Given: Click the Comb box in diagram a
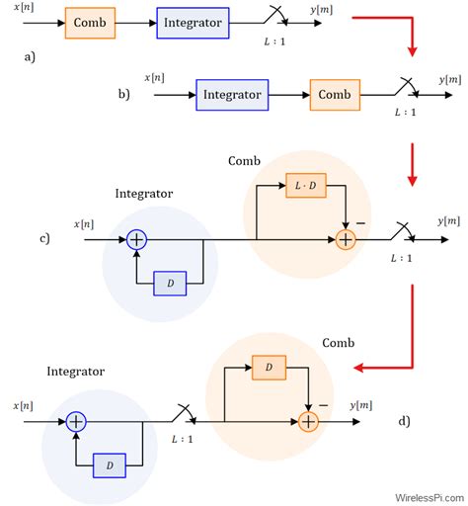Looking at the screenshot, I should (x=90, y=22).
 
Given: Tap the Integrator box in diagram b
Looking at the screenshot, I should (x=233, y=96).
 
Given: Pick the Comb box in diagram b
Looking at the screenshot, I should (x=335, y=96).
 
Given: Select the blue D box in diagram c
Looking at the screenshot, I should (x=170, y=284).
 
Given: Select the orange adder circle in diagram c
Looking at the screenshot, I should (x=346, y=238).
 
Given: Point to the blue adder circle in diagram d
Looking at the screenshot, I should (x=75, y=421).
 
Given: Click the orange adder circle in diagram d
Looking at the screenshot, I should (x=308, y=421).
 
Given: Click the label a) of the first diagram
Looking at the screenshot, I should (x=30, y=57).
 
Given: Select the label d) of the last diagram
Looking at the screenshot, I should (x=405, y=421).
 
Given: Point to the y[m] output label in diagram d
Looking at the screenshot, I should (x=362, y=405).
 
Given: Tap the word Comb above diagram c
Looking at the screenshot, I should (x=245, y=160).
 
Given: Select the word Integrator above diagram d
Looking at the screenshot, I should (x=75, y=371).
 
